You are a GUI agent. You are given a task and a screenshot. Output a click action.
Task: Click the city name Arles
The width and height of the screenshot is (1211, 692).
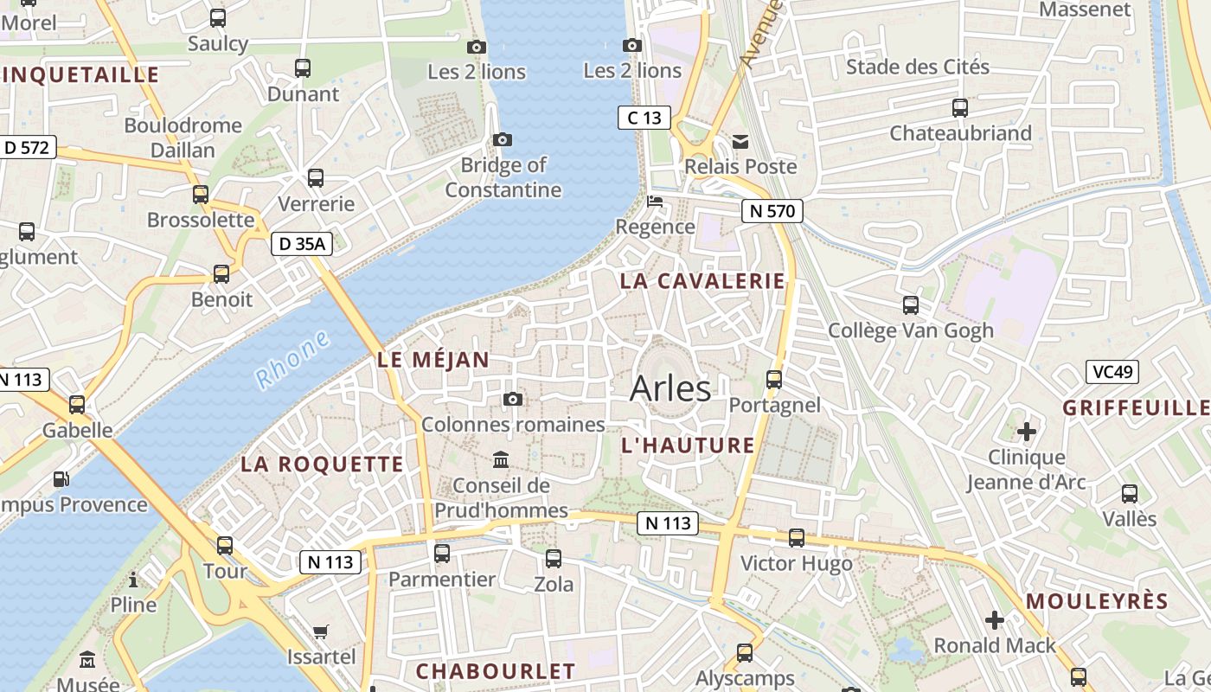pyautogui.click(x=670, y=388)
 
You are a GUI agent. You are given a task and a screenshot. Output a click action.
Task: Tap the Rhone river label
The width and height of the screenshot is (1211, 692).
pyautogui.click(x=292, y=359)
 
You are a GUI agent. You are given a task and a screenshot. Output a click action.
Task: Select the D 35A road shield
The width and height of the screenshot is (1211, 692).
pyautogui.click(x=302, y=245)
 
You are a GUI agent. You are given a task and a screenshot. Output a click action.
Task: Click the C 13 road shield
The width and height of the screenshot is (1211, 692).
pyautogui.click(x=644, y=118)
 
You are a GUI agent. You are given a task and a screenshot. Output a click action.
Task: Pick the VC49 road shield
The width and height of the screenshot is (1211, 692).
pyautogui.click(x=1112, y=372)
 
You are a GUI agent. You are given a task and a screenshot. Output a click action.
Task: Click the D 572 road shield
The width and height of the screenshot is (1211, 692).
pyautogui.click(x=27, y=148)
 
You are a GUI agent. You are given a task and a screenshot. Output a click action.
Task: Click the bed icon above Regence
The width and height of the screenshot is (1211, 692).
pyautogui.click(x=656, y=202)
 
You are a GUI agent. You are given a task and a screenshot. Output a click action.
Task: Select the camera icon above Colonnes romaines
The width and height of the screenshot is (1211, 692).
pyautogui.click(x=513, y=399)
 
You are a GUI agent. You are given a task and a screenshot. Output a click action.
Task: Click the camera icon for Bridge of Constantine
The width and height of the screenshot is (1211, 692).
pyautogui.click(x=502, y=139)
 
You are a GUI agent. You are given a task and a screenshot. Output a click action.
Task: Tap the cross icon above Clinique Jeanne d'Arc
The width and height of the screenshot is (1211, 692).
pyautogui.click(x=1027, y=431)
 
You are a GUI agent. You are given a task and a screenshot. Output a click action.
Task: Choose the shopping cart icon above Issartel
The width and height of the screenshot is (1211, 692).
pyautogui.click(x=321, y=632)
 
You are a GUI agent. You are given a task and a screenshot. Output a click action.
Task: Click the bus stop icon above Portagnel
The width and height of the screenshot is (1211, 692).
pyautogui.click(x=774, y=379)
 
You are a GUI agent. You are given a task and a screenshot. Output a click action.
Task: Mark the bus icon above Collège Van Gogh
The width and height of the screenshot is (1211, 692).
pyautogui.click(x=911, y=304)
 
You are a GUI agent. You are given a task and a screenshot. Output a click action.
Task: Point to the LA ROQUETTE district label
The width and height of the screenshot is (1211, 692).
pyautogui.click(x=322, y=464)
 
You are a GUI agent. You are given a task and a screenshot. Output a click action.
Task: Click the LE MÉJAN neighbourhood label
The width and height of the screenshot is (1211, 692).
pyautogui.click(x=433, y=360)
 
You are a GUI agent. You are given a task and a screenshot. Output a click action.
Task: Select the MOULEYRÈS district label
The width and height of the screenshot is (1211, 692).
pyautogui.click(x=1097, y=601)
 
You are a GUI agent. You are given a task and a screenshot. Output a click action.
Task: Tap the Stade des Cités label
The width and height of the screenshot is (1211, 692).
pyautogui.click(x=918, y=67)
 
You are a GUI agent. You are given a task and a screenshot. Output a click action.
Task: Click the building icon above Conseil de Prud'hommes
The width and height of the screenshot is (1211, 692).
pyautogui.click(x=501, y=459)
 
